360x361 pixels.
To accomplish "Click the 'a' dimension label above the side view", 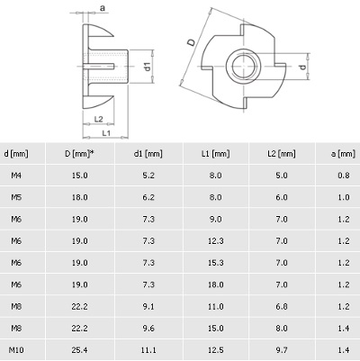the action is pyautogui.click(x=103, y=8).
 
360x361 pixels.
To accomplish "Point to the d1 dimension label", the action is pyautogui.click(x=148, y=67).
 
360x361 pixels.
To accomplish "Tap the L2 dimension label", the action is pyautogui.click(x=98, y=119).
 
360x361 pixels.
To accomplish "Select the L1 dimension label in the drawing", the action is pyautogui.click(x=106, y=133).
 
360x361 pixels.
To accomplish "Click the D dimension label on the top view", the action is pyautogui.click(x=191, y=42).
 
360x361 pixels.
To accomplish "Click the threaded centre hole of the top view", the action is pyautogui.click(x=243, y=66).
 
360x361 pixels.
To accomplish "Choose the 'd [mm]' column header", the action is pyautogui.click(x=16, y=154).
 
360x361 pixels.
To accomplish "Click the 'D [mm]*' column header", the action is pyautogui.click(x=80, y=154).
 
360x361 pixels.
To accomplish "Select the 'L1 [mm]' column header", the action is pyautogui.click(x=216, y=154).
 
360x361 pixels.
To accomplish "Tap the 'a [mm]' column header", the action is pyautogui.click(x=343, y=154).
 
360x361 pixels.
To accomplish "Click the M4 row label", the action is pyautogui.click(x=16, y=176).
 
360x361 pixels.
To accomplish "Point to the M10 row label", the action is pyautogui.click(x=16, y=350).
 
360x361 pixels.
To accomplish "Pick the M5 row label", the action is pyautogui.click(x=16, y=197).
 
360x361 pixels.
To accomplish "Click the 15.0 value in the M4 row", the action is pyautogui.click(x=80, y=176).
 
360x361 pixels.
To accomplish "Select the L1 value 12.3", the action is pyautogui.click(x=216, y=241).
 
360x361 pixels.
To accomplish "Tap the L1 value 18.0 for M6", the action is pyautogui.click(x=216, y=284).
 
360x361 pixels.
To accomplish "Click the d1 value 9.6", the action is pyautogui.click(x=148, y=329).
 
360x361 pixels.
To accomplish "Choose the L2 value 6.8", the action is pyautogui.click(x=282, y=306).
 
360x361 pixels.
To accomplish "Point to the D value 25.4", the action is pyautogui.click(x=80, y=350).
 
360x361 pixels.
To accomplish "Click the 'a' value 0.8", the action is pyautogui.click(x=344, y=176).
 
